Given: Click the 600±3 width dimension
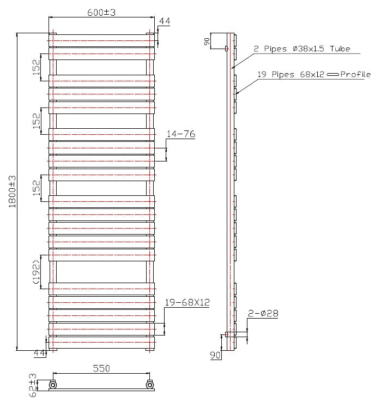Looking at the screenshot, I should click(102, 13).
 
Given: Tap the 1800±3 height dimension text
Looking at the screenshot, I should click(13, 190).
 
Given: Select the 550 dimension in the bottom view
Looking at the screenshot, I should click(101, 369).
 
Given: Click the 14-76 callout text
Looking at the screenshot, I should click(181, 134).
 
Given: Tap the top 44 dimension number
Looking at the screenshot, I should click(164, 21).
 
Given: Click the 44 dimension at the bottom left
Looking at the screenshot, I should click(39, 354).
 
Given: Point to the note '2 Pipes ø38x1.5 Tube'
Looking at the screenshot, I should click(301, 49).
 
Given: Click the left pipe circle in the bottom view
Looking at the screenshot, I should click(53, 385).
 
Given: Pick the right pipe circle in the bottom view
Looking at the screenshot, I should click(150, 385).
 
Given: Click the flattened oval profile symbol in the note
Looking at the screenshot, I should click(333, 75).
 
